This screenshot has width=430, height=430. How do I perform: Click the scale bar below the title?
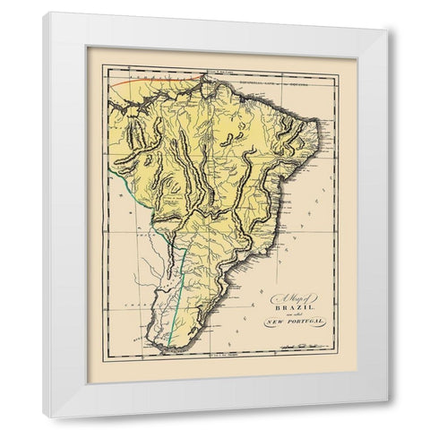(287, 344)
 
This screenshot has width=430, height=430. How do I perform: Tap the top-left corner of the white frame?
(46, 13)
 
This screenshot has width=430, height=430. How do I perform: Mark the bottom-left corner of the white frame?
(45, 417)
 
